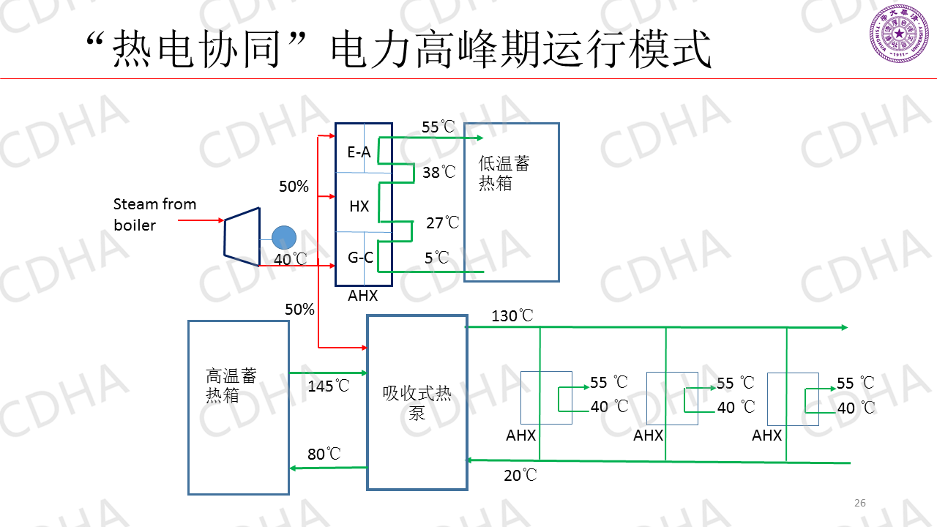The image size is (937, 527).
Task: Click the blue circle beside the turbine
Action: pyautogui.click(x=283, y=237)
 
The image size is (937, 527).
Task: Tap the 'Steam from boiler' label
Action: pyautogui.click(x=154, y=214)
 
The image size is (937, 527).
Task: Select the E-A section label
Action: pyautogui.click(x=359, y=152)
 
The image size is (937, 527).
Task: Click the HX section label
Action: pyautogui.click(x=359, y=206)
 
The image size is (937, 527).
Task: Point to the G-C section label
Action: pyautogui.click(x=359, y=257)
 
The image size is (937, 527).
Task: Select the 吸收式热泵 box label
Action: pyautogui.click(x=417, y=403)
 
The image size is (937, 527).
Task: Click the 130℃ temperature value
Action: pyautogui.click(x=512, y=316)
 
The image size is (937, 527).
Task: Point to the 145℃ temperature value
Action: pyautogui.click(x=329, y=386)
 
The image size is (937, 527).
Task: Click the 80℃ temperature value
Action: pyautogui.click(x=324, y=455)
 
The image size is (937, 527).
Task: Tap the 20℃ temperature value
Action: pyautogui.click(x=520, y=476)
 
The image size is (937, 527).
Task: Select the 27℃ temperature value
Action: pyautogui.click(x=442, y=223)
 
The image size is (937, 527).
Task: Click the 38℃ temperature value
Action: pyautogui.click(x=438, y=173)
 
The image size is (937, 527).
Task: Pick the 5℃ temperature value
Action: pyautogui.click(x=436, y=258)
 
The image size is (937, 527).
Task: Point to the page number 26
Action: pyautogui.click(x=860, y=503)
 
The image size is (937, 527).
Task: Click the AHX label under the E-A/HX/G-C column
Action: pyautogui.click(x=363, y=296)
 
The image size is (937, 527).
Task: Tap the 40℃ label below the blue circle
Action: pyautogui.click(x=291, y=260)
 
